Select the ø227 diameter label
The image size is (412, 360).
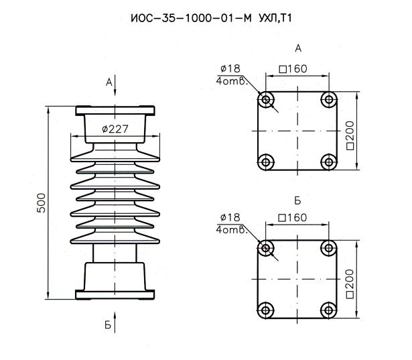[115, 129]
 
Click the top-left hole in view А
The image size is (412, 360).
[267, 100]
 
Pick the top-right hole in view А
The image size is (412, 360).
[328, 100]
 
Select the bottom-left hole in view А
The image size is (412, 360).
[267, 161]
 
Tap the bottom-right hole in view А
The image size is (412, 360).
[328, 161]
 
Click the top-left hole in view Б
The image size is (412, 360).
[267, 247]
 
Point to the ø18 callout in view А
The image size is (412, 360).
[229, 68]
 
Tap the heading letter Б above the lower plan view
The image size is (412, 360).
[297, 200]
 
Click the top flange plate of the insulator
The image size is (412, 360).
[115, 110]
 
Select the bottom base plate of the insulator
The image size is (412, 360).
[115, 294]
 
